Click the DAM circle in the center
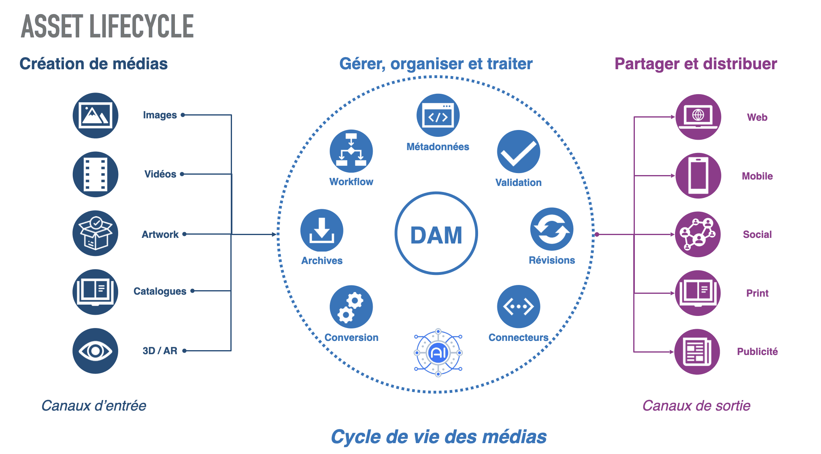coord(436,233)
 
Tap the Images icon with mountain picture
coord(95,116)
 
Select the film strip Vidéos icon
coord(95,174)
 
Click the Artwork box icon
coord(95,233)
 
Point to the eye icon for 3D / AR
coord(95,351)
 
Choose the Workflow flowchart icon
coord(351,151)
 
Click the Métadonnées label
coord(438,147)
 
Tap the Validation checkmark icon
coord(519,152)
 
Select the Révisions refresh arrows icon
coord(552,229)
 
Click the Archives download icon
coord(322,231)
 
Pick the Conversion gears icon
coord(351,307)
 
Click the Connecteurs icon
coord(519,307)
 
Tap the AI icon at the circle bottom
coord(438,353)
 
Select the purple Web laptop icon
coord(698,117)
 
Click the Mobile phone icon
coord(698,176)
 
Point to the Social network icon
coord(698,234)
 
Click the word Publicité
coord(757,352)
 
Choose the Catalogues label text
coord(160,291)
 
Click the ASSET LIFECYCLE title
coord(107,27)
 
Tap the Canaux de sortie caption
coord(696,406)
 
